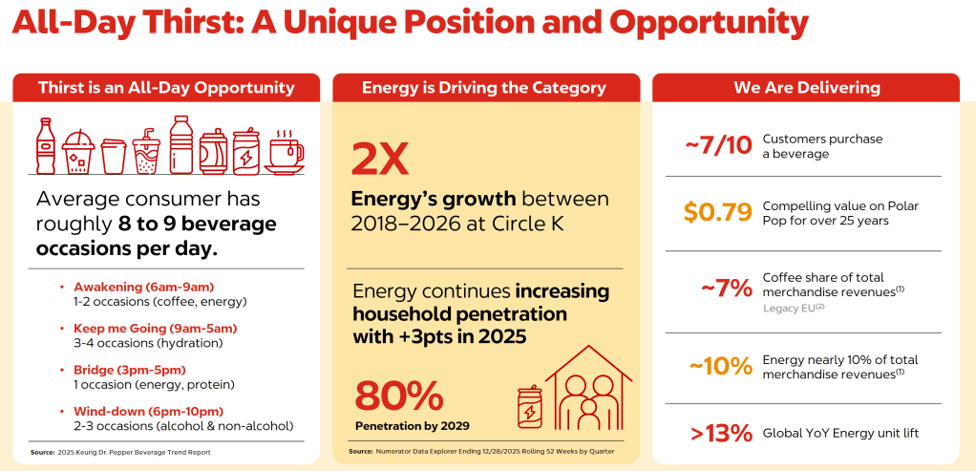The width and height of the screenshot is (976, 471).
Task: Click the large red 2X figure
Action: click(380, 159)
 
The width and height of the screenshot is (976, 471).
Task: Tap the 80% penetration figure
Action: click(399, 396)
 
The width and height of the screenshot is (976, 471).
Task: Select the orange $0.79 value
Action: click(718, 212)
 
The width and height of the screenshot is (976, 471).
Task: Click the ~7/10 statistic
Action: click(719, 145)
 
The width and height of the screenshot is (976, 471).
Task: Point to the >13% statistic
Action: click(721, 434)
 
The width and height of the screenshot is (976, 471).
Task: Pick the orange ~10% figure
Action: click(719, 366)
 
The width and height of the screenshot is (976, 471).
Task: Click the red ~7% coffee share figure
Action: click(727, 289)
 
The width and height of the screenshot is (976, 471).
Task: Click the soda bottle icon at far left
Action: click(45, 146)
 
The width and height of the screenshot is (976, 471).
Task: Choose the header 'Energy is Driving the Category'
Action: click(484, 88)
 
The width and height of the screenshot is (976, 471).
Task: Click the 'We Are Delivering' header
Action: click(807, 88)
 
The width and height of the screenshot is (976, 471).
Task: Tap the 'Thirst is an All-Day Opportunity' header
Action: click(166, 88)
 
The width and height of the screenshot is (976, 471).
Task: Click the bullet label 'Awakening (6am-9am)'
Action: click(144, 288)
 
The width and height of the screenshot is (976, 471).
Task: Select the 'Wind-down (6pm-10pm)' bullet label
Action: click(148, 411)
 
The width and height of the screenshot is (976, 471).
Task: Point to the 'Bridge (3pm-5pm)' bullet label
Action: click(130, 370)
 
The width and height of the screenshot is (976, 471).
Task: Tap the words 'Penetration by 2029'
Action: click(413, 427)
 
